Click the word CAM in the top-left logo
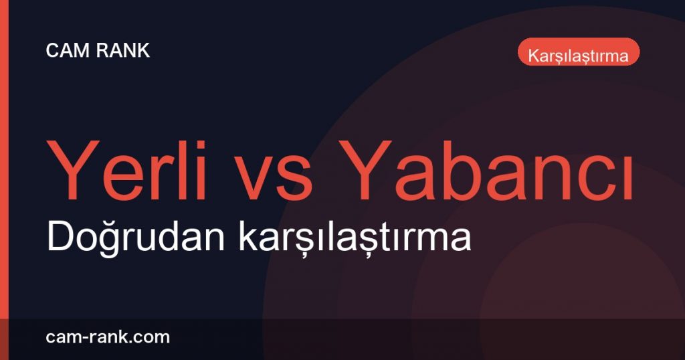[x=68, y=51]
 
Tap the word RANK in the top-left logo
[x=123, y=51]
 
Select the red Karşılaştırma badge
[x=579, y=52]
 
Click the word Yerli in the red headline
[x=126, y=171]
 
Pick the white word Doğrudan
[x=135, y=236]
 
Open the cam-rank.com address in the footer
[x=108, y=337]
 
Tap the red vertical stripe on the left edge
[x=4, y=180]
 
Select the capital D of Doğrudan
[x=59, y=237]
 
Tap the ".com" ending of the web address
[x=146, y=338]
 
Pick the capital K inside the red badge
[x=533, y=56]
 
